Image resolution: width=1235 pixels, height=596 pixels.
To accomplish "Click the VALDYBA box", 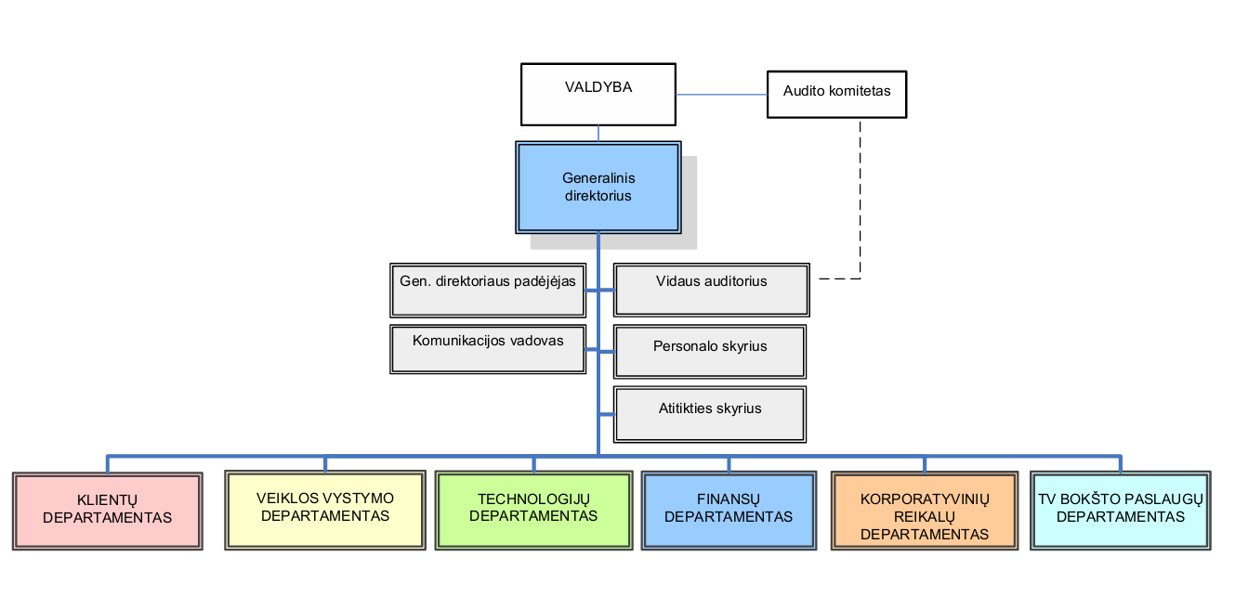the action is tap(598, 94).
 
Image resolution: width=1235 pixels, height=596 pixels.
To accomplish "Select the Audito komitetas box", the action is tap(836, 94).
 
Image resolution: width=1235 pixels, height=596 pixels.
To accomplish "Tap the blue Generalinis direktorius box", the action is tap(598, 188).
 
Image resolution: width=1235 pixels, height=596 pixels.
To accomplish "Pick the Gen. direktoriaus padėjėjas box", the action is tap(488, 291).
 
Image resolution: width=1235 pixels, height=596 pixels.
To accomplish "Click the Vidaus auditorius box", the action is tap(711, 290).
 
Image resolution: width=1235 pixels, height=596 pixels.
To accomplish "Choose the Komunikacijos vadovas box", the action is tap(488, 349).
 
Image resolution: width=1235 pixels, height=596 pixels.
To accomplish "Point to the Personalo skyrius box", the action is tap(710, 352).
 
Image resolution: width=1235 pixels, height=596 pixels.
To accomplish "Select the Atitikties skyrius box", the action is tap(710, 414).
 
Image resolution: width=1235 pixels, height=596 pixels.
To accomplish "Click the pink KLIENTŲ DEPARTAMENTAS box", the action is tap(108, 511).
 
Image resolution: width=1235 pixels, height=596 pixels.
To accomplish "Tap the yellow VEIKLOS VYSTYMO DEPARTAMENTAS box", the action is tap(325, 510).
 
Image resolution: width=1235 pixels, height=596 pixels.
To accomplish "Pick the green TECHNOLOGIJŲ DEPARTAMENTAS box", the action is tap(533, 510).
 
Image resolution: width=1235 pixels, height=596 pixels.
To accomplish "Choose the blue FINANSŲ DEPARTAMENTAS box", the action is tap(729, 510).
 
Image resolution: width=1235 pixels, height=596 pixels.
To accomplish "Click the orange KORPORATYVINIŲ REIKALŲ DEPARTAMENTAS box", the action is tap(925, 510).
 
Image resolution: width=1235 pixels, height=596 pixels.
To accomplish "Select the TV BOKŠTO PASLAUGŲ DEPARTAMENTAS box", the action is tap(1121, 510).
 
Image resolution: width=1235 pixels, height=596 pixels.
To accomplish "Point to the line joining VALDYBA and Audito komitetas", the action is tap(722, 94).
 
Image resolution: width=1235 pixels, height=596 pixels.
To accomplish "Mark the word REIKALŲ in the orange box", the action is tap(925, 517).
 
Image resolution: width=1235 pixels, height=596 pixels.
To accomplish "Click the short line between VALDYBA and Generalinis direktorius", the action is tap(598, 134).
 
